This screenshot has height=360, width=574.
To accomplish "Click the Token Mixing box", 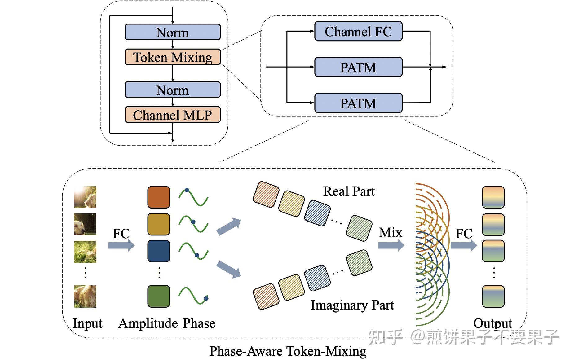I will point(172,57).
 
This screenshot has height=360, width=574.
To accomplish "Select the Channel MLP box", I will point(172,115).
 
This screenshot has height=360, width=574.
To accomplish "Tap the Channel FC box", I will point(358,31).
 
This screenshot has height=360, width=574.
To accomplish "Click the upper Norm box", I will point(172,32).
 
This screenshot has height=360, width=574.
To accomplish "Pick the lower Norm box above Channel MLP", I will point(172,90).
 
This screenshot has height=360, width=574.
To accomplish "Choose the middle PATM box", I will point(358,67).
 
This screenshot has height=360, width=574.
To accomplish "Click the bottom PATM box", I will point(358,103).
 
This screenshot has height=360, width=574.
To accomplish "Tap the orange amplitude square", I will point(158,197).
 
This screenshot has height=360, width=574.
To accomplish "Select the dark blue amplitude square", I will point(158,251).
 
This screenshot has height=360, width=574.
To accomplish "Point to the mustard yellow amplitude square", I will point(158,224).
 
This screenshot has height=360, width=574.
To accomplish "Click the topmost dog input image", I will point(85,197).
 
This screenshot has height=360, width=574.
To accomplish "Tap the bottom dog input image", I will point(85,296).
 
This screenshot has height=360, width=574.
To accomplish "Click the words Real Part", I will point(349,191).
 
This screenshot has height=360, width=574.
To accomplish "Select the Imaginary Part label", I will point(352,305).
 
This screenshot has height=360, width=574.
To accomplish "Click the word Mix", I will point(391,233).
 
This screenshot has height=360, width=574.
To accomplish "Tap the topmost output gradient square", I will point(493,197).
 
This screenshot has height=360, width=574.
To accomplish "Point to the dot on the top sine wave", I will point(187,191).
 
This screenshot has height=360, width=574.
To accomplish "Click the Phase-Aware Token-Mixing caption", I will point(288,351).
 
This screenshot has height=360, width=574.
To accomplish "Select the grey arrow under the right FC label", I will point(464,246).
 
